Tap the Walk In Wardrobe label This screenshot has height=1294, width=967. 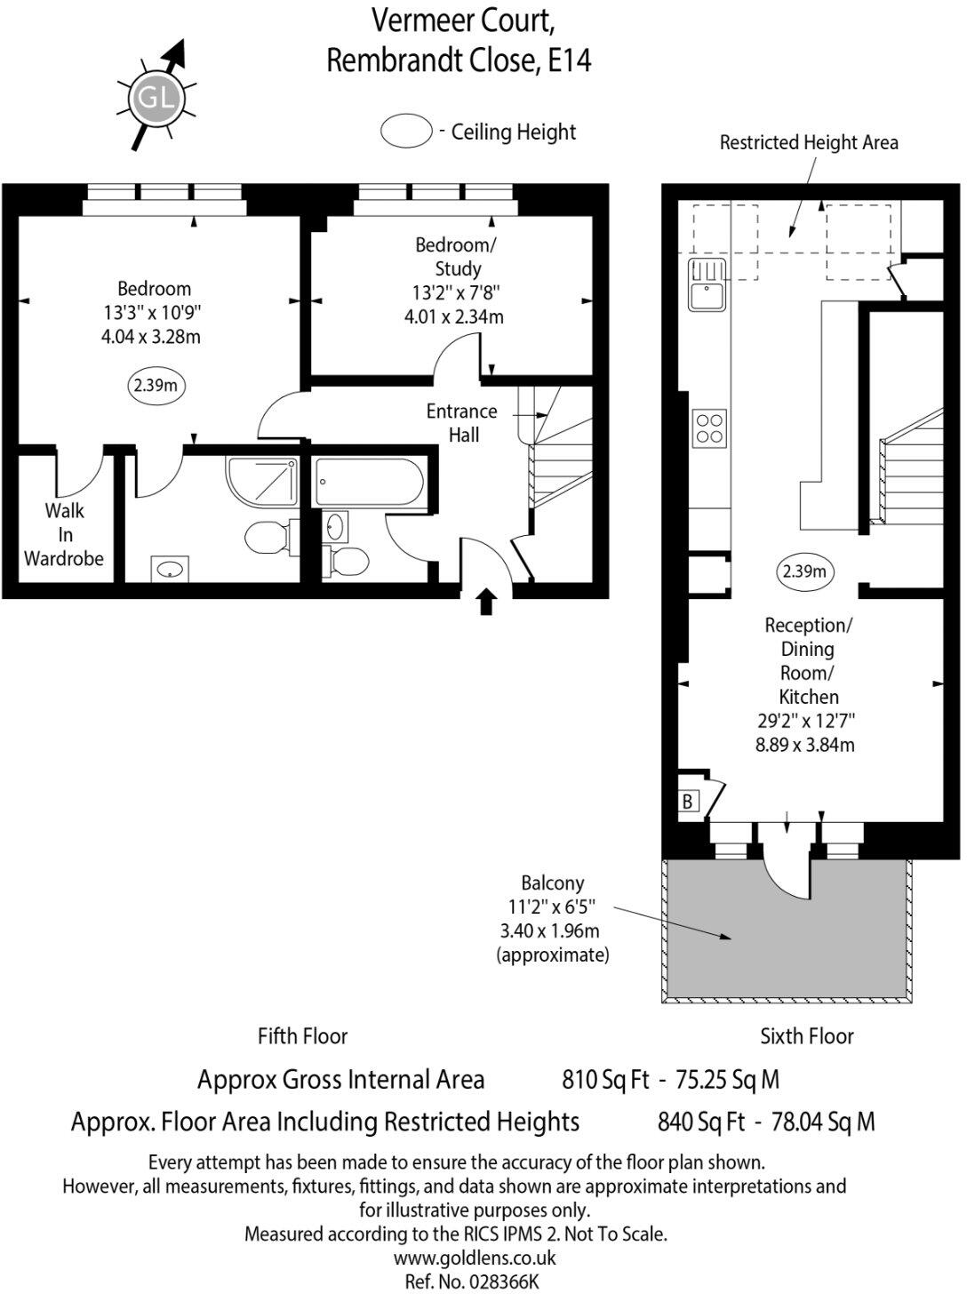(64, 534)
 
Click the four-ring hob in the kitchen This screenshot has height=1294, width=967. (709, 427)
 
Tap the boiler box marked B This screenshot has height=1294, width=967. (688, 801)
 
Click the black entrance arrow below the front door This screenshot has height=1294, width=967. (486, 602)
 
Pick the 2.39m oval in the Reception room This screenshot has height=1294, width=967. (804, 571)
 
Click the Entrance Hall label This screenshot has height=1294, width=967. (462, 423)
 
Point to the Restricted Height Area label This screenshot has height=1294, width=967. (808, 142)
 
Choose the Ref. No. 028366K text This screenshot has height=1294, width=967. (471, 1281)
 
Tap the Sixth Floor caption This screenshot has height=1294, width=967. (806, 1036)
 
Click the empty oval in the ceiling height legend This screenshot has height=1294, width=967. (406, 132)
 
